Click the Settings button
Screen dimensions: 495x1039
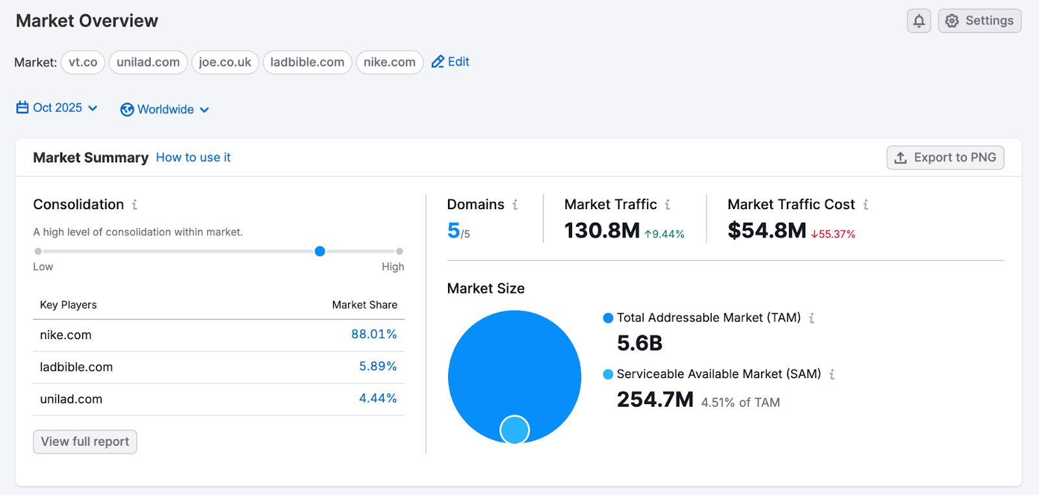(x=979, y=21)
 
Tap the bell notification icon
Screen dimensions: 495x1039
(x=919, y=21)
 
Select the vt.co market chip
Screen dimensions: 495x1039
(x=83, y=62)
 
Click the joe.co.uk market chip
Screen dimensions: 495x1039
(x=225, y=62)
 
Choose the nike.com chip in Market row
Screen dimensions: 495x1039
(x=389, y=62)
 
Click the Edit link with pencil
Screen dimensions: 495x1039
(x=451, y=62)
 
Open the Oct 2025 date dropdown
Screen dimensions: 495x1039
(x=57, y=108)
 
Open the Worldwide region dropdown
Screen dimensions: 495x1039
(x=165, y=110)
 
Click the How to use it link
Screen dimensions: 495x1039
(x=193, y=157)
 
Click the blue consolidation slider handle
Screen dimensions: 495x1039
(x=319, y=251)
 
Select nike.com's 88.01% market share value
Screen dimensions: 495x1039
(x=373, y=334)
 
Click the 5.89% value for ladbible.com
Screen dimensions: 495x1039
(x=377, y=366)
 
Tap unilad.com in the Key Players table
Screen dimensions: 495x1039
(x=71, y=399)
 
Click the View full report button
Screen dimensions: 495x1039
(x=85, y=442)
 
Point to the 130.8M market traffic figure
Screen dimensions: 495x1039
(x=602, y=230)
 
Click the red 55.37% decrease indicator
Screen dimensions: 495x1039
(x=833, y=234)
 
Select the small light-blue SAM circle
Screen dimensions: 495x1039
(x=514, y=429)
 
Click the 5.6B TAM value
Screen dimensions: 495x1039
(x=640, y=343)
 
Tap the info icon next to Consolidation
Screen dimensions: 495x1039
(x=134, y=205)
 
